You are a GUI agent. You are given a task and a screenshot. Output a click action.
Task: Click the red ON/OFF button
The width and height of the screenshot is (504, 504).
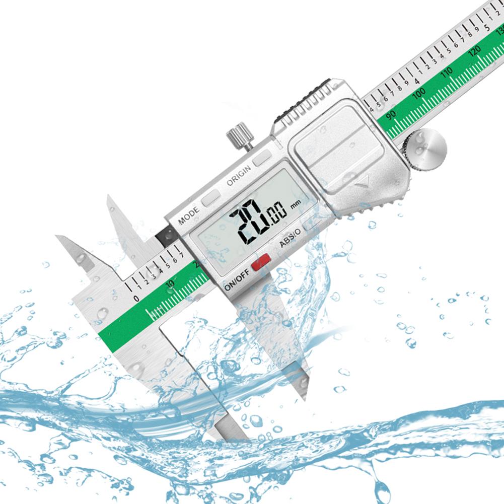point(261,261)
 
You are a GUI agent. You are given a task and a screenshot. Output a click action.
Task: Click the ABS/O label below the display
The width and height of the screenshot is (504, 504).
point(291,242)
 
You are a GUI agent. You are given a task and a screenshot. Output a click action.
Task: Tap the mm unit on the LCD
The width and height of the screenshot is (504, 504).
point(295,203)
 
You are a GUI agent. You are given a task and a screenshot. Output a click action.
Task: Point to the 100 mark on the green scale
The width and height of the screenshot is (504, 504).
point(419,94)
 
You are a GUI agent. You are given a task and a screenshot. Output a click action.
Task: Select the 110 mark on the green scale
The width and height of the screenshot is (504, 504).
point(447,74)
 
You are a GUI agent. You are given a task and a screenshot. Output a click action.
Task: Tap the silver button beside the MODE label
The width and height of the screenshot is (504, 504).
point(210,197)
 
